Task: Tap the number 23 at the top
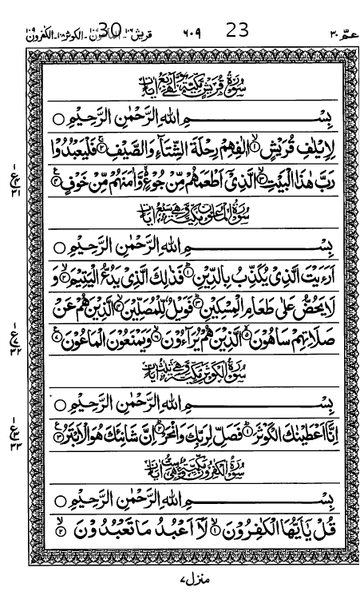(x=237, y=30)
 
